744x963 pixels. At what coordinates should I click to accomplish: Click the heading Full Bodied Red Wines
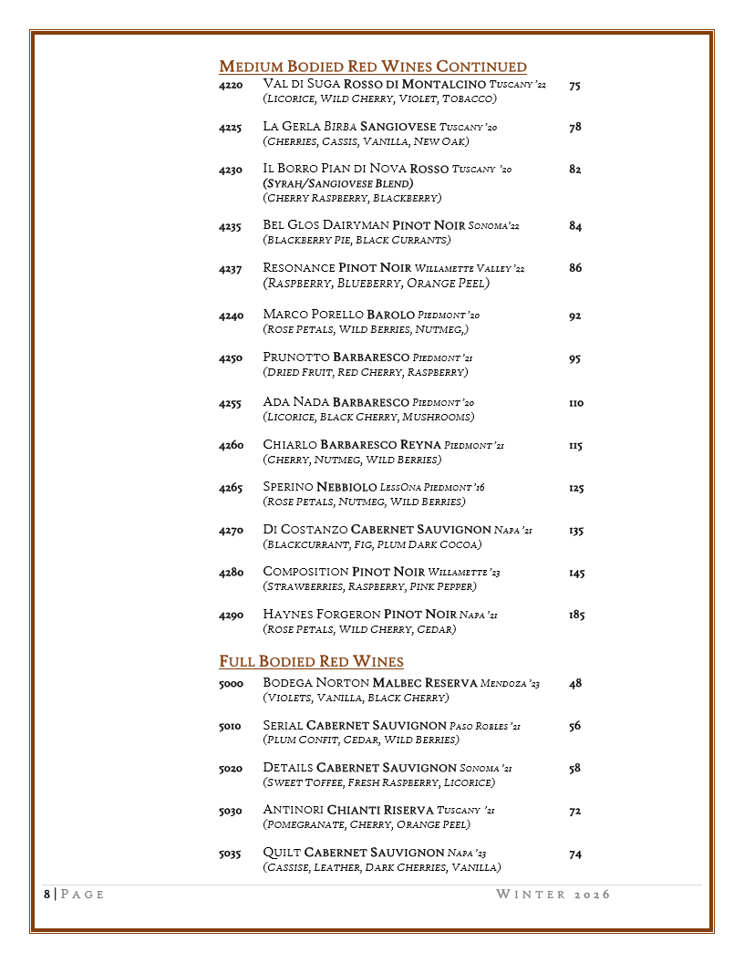point(311,661)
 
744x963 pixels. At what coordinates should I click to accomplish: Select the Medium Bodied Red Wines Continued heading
point(373,67)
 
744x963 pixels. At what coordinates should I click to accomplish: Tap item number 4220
point(231,85)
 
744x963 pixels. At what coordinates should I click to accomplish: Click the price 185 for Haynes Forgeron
point(576,616)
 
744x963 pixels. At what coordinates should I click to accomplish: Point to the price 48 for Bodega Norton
point(574,684)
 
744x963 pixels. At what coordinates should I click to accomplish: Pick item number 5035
point(230,854)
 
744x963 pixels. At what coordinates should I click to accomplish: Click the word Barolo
point(390,315)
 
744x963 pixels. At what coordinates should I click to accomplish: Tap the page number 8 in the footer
point(47,895)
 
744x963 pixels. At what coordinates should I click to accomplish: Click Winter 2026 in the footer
point(553,895)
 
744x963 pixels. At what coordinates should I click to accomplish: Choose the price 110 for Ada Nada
point(575,403)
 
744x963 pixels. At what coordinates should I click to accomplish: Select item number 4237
point(231,268)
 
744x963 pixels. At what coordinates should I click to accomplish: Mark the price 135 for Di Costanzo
point(575,531)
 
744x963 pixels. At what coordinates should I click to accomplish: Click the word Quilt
point(281,853)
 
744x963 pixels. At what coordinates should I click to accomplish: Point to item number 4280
point(231,573)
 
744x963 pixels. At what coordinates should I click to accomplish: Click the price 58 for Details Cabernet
point(574,769)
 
